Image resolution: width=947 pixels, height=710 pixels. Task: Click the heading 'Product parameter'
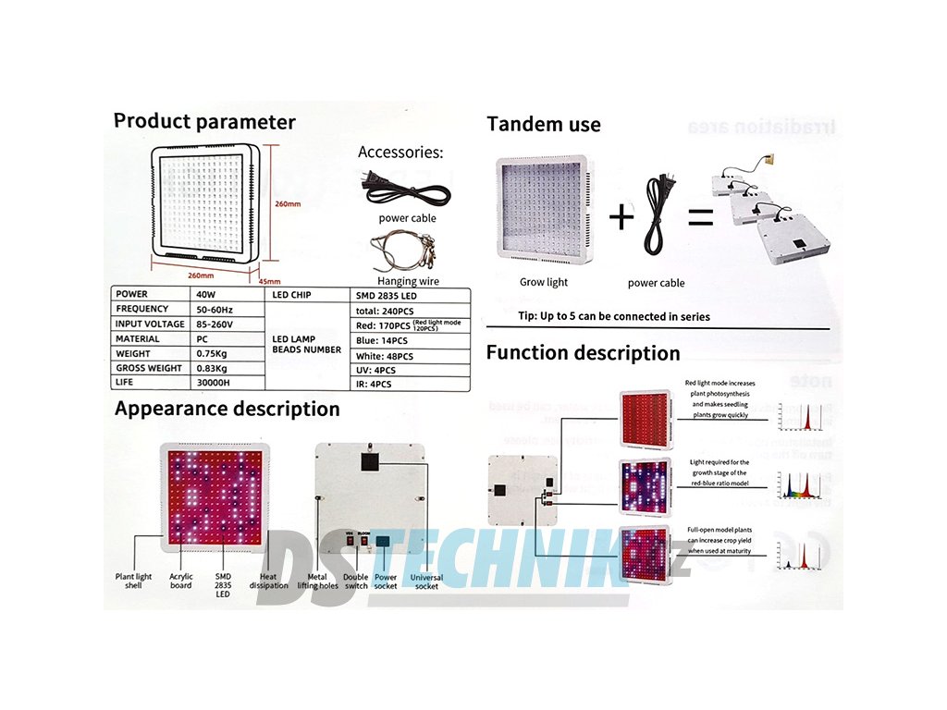(204, 122)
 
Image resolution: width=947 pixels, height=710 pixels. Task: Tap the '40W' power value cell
(207, 294)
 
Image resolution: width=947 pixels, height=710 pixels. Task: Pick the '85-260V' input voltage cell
(216, 324)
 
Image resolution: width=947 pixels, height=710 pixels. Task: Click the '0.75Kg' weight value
(213, 353)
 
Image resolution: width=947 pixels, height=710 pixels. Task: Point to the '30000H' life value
(215, 382)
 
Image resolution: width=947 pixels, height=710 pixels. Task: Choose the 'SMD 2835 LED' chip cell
(384, 294)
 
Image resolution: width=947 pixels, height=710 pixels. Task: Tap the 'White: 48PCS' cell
(386, 356)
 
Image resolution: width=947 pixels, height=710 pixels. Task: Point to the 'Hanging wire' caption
(408, 281)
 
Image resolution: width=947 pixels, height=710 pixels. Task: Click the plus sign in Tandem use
(622, 217)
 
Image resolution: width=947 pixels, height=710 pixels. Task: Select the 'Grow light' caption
(544, 282)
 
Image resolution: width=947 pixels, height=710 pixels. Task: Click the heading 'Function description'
(583, 353)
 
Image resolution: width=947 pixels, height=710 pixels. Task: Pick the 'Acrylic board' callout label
(181, 581)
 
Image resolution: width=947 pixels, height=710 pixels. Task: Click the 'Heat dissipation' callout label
(268, 581)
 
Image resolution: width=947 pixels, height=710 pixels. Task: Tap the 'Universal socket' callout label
(426, 581)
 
